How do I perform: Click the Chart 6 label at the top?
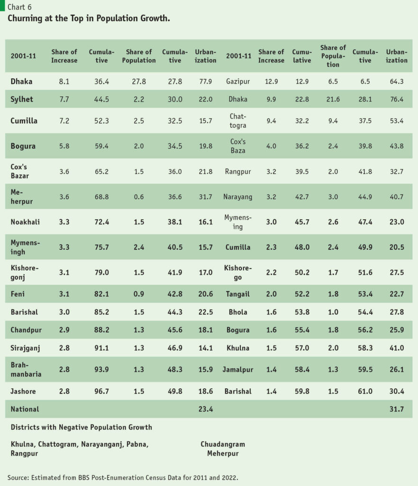pos(19,7)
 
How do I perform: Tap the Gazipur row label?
pos(238,82)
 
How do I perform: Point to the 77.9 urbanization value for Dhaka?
pos(205,82)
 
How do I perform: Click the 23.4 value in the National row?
pos(205,409)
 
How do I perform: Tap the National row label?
pos(25,409)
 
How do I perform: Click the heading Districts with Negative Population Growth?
pos(82,427)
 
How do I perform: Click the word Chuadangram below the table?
pos(223,444)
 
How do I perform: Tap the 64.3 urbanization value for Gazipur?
pos(396,82)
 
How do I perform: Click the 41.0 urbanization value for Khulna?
pos(396,348)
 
